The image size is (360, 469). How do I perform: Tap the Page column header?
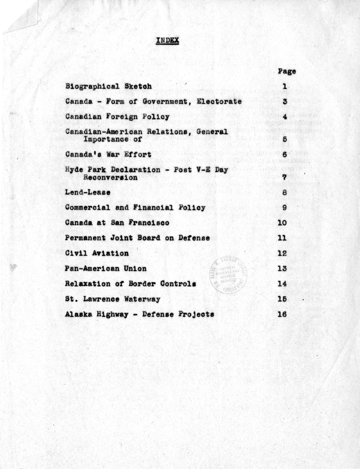286,71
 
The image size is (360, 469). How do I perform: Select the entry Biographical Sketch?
109,86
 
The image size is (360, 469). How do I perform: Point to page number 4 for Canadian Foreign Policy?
284,117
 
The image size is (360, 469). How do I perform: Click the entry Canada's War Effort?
108,154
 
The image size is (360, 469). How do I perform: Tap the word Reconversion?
110,177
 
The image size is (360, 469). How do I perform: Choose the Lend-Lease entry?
88,193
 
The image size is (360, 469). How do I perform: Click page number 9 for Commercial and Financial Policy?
284,208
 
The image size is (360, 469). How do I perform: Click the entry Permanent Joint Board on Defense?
137,238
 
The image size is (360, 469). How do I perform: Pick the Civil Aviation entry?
97,253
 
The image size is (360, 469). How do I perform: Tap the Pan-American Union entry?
106,269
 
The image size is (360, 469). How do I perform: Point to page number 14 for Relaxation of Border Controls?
282,284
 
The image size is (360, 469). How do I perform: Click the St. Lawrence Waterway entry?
112,299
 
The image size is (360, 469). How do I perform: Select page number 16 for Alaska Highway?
282,314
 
